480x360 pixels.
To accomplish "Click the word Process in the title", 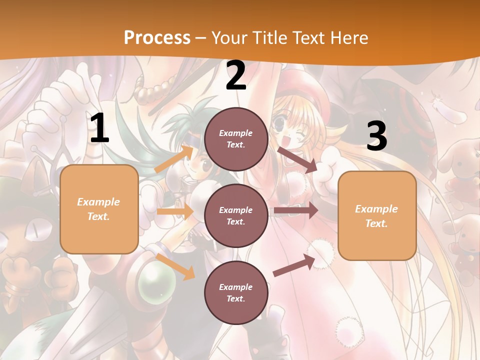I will coord(157,37).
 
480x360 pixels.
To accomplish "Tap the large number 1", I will coord(99,129).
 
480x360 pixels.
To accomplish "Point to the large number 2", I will coord(236,76).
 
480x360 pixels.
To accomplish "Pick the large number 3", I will coord(376,136).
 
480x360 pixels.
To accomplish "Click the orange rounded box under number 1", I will coord(99,209).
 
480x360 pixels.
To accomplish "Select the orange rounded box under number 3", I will coord(377,216).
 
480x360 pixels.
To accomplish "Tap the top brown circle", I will coord(236,139).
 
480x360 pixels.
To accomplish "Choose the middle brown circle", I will coord(236,215).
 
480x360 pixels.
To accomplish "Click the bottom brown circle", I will coord(236,292).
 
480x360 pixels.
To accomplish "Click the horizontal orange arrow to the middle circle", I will coord(175,211).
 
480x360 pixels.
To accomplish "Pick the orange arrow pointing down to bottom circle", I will coord(175,266).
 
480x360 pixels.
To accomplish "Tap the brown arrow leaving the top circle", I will coord(297,159).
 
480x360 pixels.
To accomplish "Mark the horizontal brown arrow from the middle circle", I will coord(295,210).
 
